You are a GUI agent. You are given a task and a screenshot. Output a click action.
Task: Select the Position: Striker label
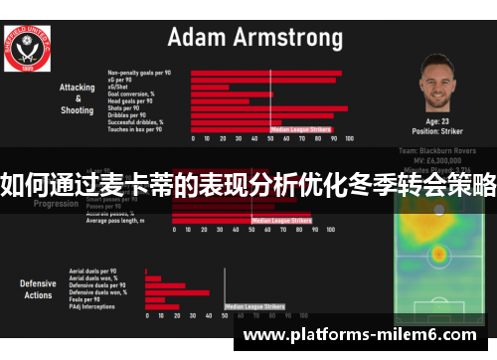coord(438,130)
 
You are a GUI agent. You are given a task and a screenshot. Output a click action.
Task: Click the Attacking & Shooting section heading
coord(77,98)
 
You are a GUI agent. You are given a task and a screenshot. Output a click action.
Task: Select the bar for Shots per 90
coord(268,108)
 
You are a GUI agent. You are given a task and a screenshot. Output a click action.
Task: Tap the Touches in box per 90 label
coord(133,129)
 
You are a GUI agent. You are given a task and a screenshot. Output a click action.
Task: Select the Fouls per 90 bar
coord(155,300)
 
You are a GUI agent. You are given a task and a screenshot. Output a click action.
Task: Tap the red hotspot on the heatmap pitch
coord(438,254)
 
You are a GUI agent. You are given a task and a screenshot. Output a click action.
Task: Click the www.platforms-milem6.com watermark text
coord(359,336)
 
